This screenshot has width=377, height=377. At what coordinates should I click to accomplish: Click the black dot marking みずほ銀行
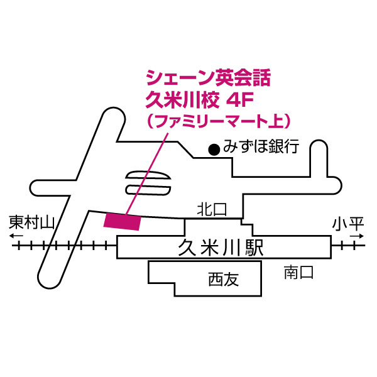pos(214,150)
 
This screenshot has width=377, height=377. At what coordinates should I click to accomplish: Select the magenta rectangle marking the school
pos(122,221)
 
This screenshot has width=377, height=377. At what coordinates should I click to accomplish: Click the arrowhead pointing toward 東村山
pos(13,237)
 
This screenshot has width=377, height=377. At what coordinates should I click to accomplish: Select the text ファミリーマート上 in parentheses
pos(217,119)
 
